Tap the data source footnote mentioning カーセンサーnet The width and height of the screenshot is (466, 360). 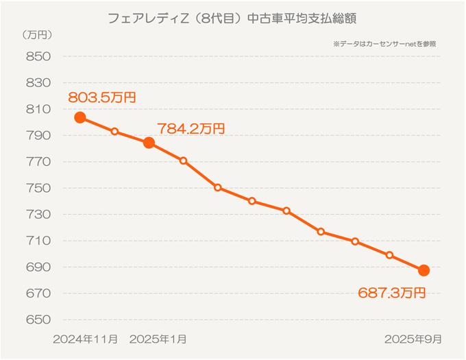coord(384,43)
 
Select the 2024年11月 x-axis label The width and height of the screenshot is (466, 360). coord(85,339)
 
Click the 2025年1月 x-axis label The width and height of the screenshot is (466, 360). coord(157,339)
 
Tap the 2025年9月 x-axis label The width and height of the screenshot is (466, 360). coord(412,339)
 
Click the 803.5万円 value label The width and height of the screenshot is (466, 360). coord(101,97)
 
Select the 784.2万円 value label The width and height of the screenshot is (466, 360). coord(191,128)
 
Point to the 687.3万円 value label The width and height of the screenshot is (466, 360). coord(391,293)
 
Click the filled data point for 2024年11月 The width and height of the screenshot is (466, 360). coord(80,117)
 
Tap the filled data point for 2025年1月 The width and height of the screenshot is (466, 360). coord(149,143)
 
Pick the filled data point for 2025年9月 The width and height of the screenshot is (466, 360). coord(424,270)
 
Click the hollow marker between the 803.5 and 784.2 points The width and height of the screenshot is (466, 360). coord(114,132)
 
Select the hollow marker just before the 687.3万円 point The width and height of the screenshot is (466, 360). coord(389,255)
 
